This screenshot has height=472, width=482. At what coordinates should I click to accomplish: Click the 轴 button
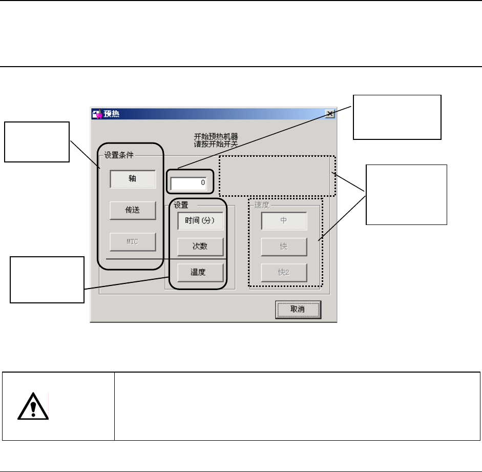[132, 179]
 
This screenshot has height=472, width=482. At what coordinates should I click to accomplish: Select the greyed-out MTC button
[132, 242]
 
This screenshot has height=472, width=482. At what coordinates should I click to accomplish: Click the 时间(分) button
[200, 221]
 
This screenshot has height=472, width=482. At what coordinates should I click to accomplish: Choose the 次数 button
[200, 247]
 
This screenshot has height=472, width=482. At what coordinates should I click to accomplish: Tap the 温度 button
[200, 272]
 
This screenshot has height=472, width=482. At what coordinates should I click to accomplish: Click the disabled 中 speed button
[284, 221]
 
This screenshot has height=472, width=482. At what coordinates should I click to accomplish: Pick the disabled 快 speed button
[284, 247]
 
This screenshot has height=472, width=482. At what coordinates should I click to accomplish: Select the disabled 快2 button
[284, 272]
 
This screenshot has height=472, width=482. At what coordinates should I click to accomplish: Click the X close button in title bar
[330, 114]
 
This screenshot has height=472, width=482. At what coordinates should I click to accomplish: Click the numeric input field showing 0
[188, 183]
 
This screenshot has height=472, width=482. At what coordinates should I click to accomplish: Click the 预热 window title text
[112, 114]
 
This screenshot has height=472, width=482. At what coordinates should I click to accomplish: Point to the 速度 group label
[261, 204]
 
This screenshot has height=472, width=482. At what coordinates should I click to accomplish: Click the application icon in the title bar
[97, 114]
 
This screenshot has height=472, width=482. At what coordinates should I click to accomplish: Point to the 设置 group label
[180, 204]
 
